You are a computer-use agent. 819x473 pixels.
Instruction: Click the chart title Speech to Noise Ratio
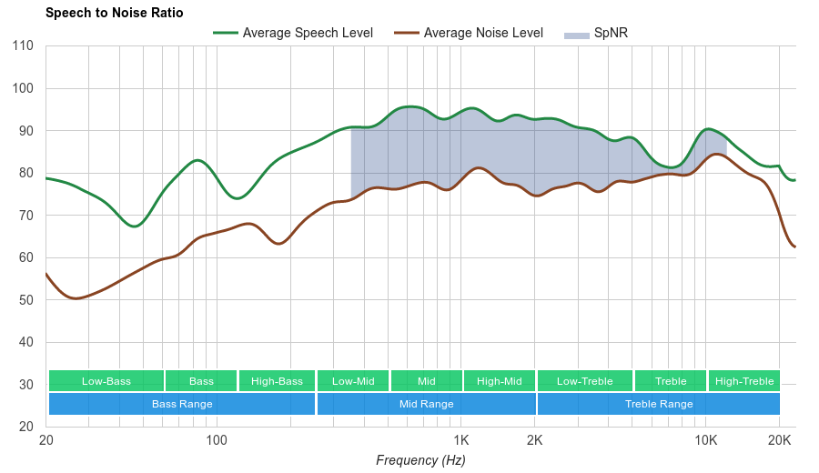(x=114, y=13)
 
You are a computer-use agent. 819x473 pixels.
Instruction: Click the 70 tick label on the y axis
(x=25, y=216)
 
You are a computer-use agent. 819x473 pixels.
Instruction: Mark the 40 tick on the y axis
(x=25, y=342)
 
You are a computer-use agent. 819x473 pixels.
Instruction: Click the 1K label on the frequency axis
(x=460, y=440)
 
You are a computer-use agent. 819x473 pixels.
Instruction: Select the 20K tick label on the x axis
(x=779, y=440)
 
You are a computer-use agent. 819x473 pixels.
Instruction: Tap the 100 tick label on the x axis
(x=217, y=440)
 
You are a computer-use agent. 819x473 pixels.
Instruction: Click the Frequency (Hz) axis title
(x=420, y=460)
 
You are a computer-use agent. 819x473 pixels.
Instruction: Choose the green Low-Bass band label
(x=106, y=381)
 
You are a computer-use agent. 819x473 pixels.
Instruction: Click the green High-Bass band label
(x=277, y=381)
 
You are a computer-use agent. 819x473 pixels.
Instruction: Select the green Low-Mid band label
(x=353, y=381)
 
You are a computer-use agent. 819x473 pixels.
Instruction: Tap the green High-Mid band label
(x=500, y=381)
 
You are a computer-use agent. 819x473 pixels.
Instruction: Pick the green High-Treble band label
(x=744, y=381)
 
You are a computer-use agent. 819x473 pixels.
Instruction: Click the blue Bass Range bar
(x=182, y=404)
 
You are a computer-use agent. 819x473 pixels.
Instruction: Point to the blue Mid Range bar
(x=426, y=404)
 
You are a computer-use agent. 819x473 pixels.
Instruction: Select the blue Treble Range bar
(x=659, y=404)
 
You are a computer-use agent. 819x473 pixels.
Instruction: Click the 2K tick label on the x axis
(x=535, y=440)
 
